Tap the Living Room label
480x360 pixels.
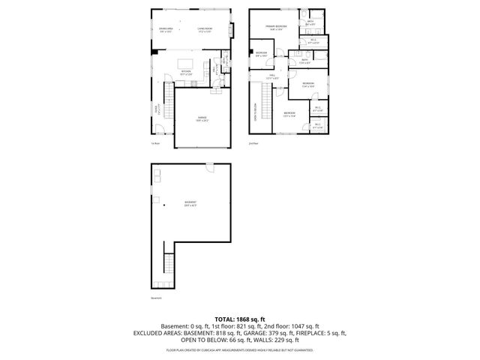pos(204,31)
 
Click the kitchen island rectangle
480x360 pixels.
pos(186,62)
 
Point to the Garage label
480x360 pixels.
pos(202,119)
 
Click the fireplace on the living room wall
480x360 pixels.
pos(232,30)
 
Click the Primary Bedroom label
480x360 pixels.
pos(275,27)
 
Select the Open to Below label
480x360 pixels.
pos(254,112)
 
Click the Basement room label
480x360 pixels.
pos(191,204)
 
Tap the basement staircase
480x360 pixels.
pos(168,267)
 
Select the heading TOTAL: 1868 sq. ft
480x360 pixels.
pos(239,319)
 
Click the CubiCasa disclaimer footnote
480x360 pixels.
pos(239,349)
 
